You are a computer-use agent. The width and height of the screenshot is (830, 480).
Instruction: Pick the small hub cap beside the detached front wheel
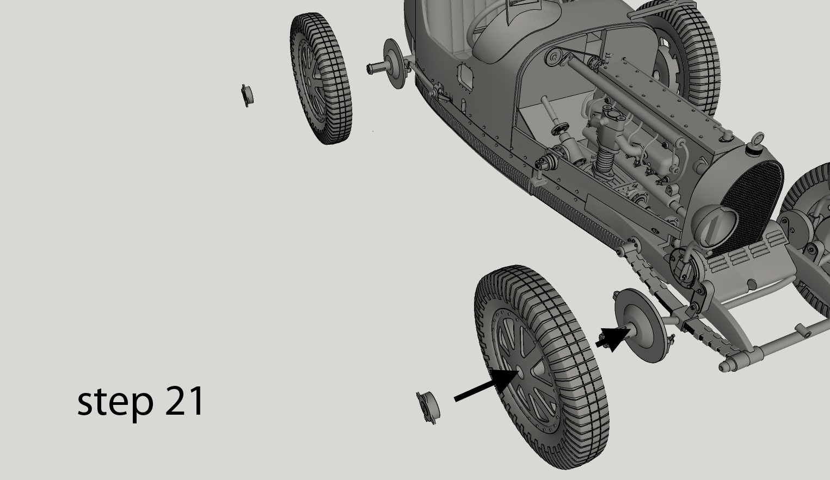[x=427, y=407]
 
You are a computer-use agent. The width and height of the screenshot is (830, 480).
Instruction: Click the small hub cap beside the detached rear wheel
[x=247, y=95]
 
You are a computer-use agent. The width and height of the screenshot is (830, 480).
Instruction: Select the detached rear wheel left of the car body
[x=320, y=79]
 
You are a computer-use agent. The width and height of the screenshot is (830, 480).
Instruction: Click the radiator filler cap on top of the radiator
[x=757, y=140]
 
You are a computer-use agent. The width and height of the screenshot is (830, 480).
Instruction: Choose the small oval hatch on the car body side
[x=465, y=77]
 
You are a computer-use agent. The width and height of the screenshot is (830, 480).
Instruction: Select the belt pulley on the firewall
[x=555, y=57]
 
